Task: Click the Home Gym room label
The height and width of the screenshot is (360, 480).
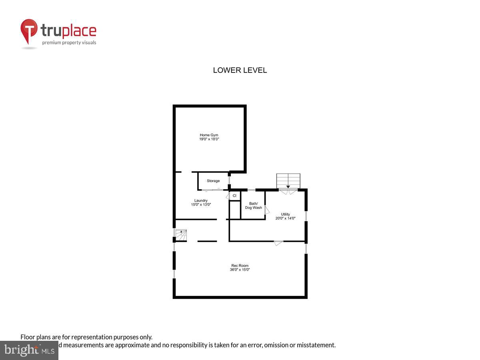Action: point(209,135)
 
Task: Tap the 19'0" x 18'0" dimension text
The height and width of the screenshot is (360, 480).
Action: point(209,139)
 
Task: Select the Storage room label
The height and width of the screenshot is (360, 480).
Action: point(213,181)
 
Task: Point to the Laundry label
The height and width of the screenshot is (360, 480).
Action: point(201,200)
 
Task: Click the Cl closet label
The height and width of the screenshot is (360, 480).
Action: point(234,196)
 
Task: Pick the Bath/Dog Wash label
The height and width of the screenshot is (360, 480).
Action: point(254,206)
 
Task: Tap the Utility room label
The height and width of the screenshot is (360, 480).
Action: point(286,214)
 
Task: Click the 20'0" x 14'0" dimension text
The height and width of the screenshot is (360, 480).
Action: point(286,218)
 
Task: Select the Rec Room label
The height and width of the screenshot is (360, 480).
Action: point(240,266)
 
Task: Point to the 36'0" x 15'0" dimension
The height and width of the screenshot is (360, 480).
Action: point(240,270)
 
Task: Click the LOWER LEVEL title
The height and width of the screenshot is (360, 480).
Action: point(240,70)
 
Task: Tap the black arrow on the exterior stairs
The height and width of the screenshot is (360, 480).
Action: point(288,186)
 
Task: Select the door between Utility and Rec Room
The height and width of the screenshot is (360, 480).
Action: point(278,243)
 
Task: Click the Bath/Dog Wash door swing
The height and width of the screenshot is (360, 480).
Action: point(267,209)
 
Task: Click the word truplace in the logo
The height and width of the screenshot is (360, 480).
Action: point(68,30)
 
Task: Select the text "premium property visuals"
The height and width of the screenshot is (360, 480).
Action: point(69,42)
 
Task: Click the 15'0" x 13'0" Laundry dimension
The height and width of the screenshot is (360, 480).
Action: point(201,205)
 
